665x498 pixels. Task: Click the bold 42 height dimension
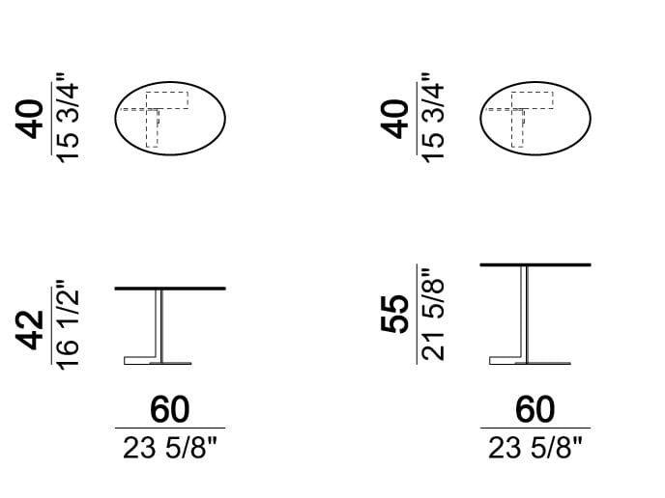coord(30,331)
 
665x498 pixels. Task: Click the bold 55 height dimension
coord(394,314)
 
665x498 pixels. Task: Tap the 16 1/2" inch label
coord(68,325)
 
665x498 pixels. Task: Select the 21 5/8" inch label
coord(433,314)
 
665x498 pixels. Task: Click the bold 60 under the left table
coord(170,409)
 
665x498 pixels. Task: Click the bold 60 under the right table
coord(535,409)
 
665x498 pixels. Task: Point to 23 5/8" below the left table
coord(170,448)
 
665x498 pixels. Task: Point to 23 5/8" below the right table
coord(535,448)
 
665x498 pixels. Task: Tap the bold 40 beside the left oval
coord(30,119)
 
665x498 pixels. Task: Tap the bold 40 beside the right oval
coord(394,119)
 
